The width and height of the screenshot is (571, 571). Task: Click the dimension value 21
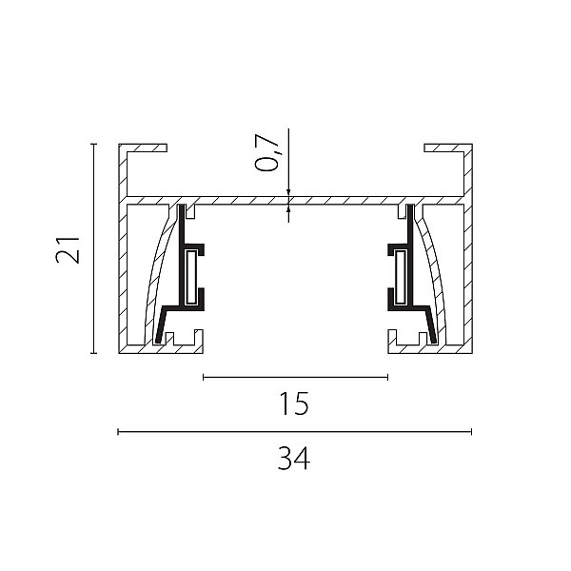pyautogui.click(x=68, y=250)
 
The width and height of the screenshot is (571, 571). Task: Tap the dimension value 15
pyautogui.click(x=294, y=404)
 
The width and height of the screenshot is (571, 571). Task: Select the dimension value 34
pyautogui.click(x=294, y=459)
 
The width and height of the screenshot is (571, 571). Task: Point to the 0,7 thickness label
pyautogui.click(x=267, y=152)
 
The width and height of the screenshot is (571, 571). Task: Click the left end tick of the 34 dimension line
pyautogui.click(x=118, y=432)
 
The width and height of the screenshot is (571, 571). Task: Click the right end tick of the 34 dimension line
pyautogui.click(x=472, y=432)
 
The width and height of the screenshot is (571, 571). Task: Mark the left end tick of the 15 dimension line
pyautogui.click(x=204, y=377)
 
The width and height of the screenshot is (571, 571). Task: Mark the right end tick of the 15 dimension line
pyautogui.click(x=388, y=377)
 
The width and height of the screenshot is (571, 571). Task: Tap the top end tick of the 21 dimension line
pyautogui.click(x=94, y=145)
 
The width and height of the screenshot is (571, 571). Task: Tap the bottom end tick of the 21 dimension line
pyautogui.click(x=94, y=353)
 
